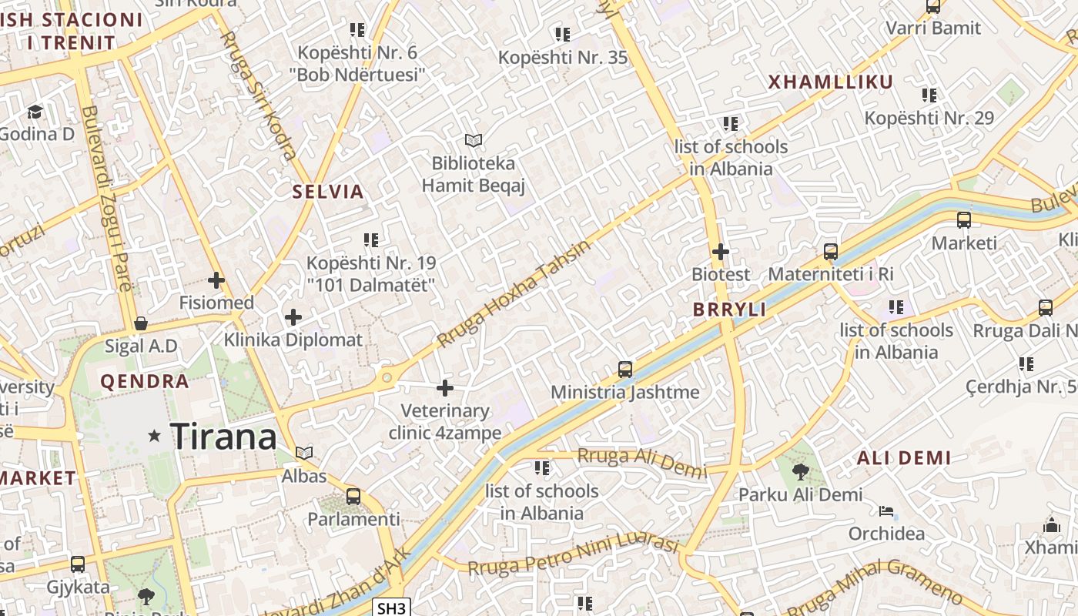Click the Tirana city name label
[x=223, y=437]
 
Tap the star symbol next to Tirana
[x=155, y=436]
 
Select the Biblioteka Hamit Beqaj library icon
[x=474, y=140]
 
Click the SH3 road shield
[x=391, y=608]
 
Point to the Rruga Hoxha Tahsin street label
[x=514, y=293]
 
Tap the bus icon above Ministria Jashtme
[x=625, y=370]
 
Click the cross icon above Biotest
[x=721, y=252]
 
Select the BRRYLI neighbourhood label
[x=729, y=310]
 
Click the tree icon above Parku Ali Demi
[x=800, y=471]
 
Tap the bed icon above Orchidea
[x=886, y=511]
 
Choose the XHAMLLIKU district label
[x=831, y=82]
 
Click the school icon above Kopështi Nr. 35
[x=563, y=35]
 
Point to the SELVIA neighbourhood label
[x=328, y=192]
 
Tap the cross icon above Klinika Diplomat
[x=293, y=317]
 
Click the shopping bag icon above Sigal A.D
[x=141, y=323]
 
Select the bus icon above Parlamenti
[x=353, y=497]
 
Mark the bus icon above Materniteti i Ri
[x=830, y=252]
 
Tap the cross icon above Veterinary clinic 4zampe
[x=445, y=388]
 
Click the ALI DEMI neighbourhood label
[x=904, y=458]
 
